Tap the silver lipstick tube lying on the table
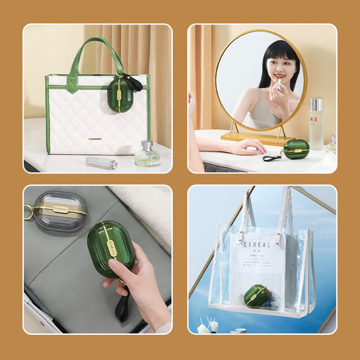click(102, 162)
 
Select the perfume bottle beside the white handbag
click(148, 154)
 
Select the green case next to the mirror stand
click(295, 149)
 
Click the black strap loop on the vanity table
click(271, 157)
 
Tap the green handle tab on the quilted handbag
click(76, 84)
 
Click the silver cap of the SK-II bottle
click(315, 104)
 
